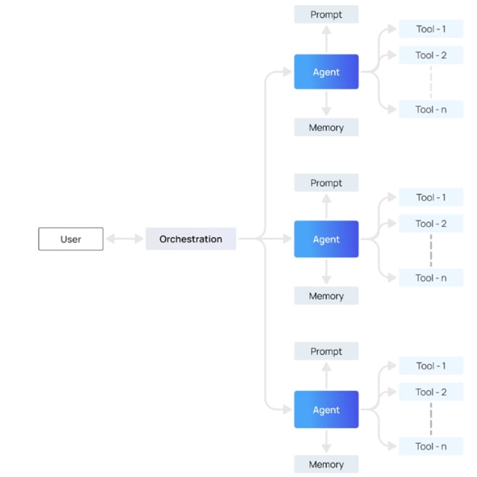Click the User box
tap(70, 239)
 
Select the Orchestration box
tap(191, 239)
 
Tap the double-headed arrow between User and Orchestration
tap(124, 239)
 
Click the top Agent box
tap(326, 72)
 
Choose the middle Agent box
tap(326, 239)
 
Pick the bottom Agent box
tap(326, 410)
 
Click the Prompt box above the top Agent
tap(326, 15)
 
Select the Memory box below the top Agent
tap(326, 128)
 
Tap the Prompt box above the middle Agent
tap(326, 183)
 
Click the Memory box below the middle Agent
tap(326, 296)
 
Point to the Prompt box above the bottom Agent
tap(326, 351)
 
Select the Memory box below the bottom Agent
tap(326, 464)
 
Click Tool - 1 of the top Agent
tap(431, 29)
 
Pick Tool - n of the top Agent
tap(431, 109)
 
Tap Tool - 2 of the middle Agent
tap(431, 224)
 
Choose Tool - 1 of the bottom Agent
tap(431, 366)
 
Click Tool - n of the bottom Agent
tap(431, 446)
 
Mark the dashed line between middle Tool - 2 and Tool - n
tap(431, 250)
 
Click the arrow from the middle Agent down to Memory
tap(326, 272)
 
